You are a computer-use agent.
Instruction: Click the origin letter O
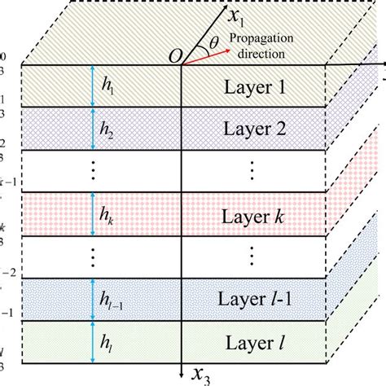coord(173,55)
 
